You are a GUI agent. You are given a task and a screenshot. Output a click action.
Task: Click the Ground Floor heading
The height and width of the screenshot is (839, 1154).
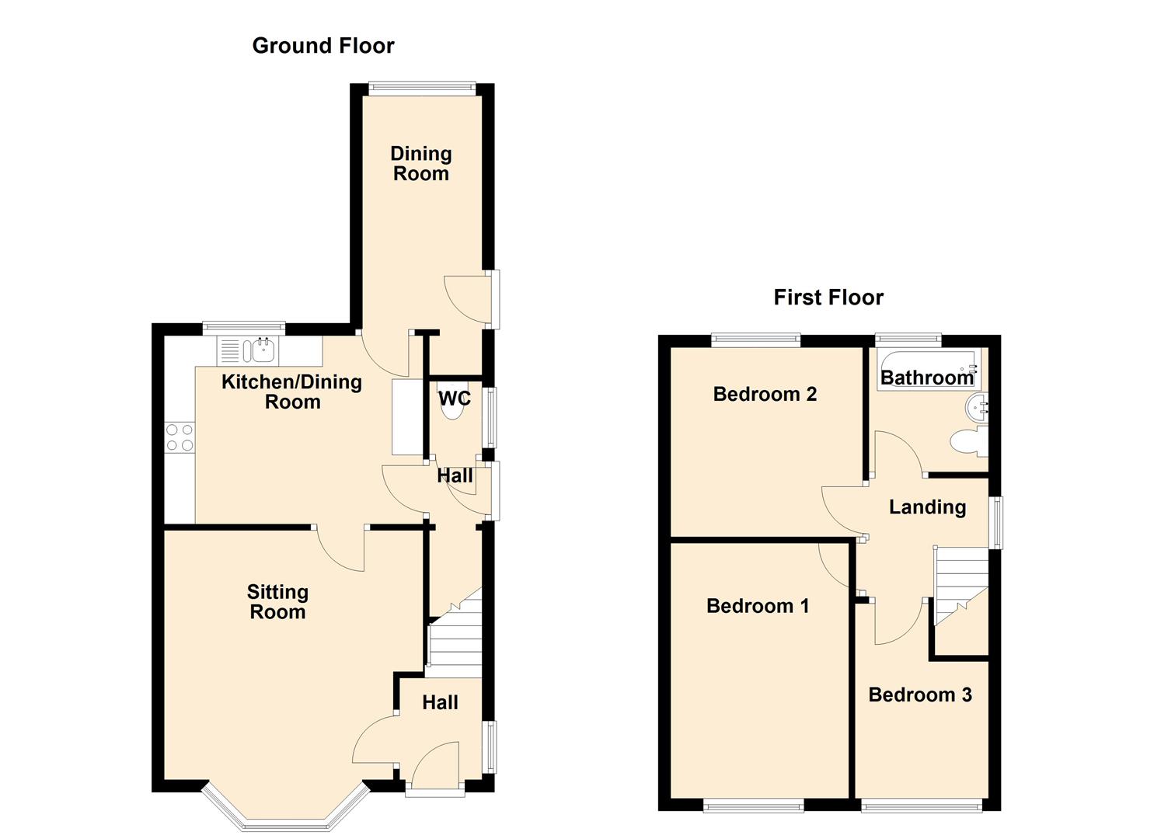click(323, 46)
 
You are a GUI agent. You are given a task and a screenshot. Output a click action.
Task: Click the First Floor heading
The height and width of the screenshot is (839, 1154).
click(828, 298)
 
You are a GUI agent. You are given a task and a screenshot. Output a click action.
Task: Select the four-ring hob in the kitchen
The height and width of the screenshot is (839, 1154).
click(180, 437)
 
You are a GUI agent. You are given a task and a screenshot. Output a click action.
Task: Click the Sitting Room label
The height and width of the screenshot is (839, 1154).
click(277, 601)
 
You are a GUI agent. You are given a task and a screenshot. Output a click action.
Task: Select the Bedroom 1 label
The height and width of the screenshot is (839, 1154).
click(758, 606)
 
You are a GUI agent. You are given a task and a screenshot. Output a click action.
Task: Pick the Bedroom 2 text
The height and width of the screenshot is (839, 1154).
click(765, 394)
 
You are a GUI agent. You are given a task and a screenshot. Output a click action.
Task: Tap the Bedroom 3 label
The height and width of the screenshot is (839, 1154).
click(919, 695)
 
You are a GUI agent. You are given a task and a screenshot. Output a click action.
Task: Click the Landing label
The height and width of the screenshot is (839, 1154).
click(927, 507)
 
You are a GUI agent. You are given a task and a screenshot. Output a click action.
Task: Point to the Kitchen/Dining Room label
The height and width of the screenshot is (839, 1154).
click(291, 392)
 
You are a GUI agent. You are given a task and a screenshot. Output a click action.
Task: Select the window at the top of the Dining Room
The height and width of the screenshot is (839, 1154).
click(422, 89)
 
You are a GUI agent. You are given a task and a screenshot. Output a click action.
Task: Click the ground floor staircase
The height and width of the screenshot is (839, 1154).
click(455, 633)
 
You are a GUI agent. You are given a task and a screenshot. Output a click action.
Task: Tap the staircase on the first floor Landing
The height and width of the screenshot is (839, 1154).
click(961, 586)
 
